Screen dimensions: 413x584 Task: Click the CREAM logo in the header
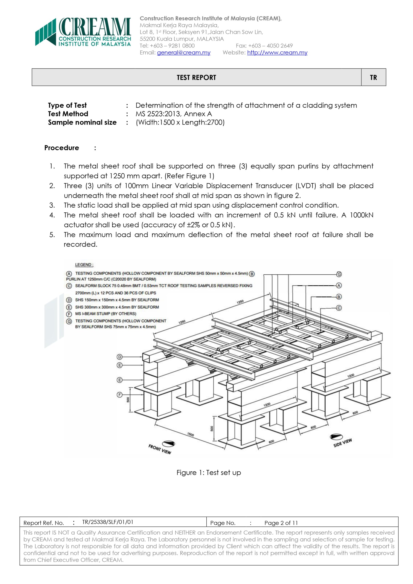[x=83, y=32]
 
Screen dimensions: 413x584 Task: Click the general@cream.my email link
[x=184, y=53]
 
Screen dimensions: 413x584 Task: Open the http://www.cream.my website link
[x=277, y=53]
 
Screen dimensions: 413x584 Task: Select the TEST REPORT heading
[x=196, y=78]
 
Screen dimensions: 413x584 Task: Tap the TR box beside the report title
[x=373, y=78]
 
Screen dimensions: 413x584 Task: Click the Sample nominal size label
[x=82, y=122]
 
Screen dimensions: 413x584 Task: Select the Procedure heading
[x=62, y=148]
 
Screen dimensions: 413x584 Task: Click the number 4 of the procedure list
[x=52, y=215]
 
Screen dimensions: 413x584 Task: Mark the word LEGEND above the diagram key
[x=84, y=265]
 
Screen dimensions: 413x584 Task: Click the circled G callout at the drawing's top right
[x=339, y=274]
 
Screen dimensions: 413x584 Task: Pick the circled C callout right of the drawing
[x=339, y=308]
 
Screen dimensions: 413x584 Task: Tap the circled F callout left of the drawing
[x=119, y=395]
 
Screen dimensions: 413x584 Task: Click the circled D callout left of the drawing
[x=119, y=357]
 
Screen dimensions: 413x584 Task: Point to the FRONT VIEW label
[x=160, y=449]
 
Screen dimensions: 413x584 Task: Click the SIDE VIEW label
[x=343, y=443]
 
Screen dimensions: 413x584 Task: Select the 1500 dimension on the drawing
[x=190, y=434]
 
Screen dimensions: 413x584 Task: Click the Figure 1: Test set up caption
[x=209, y=473]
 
